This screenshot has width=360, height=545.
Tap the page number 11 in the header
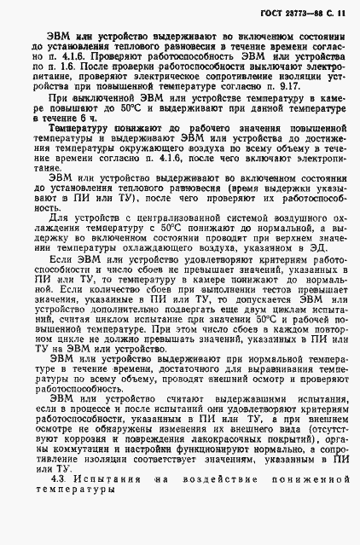point(341,14)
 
